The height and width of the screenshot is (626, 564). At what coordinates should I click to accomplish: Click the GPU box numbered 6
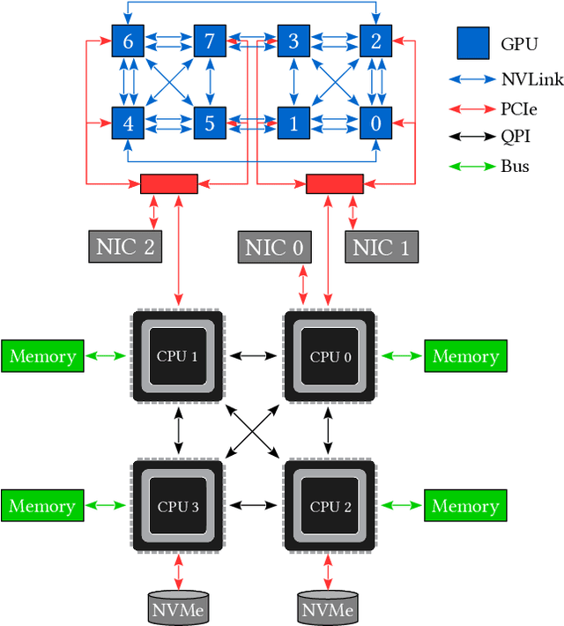click(128, 41)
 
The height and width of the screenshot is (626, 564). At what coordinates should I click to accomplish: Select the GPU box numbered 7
click(209, 41)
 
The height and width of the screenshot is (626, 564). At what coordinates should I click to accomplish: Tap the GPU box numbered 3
click(293, 41)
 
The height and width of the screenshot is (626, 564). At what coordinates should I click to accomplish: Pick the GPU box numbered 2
click(375, 41)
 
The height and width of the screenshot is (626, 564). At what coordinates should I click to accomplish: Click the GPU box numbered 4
click(128, 123)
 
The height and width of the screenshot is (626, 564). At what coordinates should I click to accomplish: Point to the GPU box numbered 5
click(209, 123)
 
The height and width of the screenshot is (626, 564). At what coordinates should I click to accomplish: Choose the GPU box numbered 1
click(293, 123)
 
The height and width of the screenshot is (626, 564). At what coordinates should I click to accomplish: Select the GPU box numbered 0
click(375, 123)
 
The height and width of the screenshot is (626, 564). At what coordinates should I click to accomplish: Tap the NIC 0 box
click(276, 248)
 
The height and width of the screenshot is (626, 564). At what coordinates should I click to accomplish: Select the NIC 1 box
click(381, 248)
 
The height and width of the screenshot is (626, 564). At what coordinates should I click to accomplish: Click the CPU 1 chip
click(179, 356)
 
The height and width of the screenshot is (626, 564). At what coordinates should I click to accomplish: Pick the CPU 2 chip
click(330, 506)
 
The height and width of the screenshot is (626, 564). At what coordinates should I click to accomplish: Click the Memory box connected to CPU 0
click(465, 356)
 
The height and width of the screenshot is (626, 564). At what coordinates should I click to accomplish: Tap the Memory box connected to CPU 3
click(42, 506)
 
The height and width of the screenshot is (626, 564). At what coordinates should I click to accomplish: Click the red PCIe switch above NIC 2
click(169, 183)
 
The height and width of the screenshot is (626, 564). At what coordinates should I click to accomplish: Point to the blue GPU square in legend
click(472, 42)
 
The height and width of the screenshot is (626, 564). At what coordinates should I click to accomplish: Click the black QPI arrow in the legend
click(472, 135)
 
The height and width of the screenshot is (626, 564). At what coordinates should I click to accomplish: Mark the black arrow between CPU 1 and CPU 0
click(254, 356)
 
